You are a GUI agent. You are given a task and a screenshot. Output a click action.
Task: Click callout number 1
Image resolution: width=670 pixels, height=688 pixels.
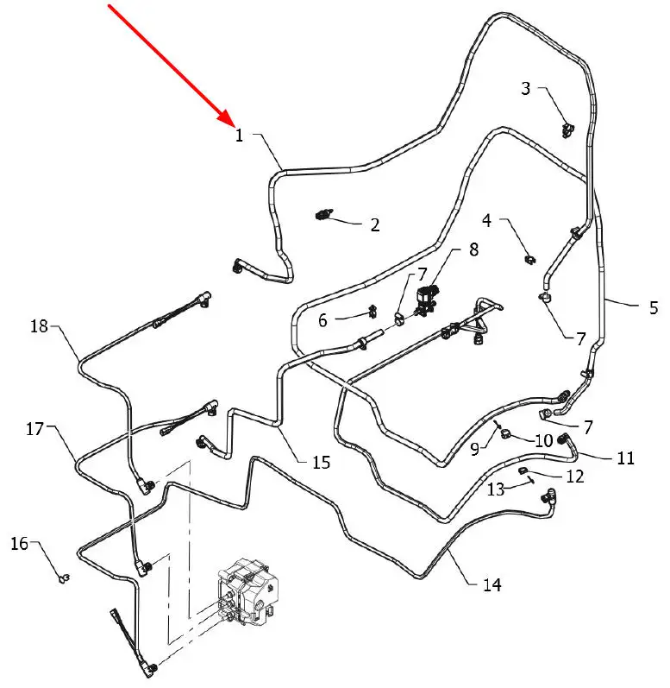[x=239, y=136]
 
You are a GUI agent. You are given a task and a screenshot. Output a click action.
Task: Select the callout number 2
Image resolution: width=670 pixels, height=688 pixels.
[x=374, y=225]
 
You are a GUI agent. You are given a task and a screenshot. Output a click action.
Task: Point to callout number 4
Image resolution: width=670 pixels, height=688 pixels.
[x=487, y=221]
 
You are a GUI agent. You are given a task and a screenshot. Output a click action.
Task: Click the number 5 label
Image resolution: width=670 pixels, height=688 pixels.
[x=653, y=306]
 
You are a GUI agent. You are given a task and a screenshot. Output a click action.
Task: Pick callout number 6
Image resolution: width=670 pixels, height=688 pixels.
[x=323, y=320]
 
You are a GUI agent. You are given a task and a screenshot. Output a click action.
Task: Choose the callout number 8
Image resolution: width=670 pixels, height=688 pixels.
[x=473, y=250]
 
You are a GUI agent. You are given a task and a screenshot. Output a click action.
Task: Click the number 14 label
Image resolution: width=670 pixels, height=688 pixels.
[x=492, y=584]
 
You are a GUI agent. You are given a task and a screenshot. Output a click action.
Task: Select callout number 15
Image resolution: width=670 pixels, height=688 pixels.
[x=321, y=463]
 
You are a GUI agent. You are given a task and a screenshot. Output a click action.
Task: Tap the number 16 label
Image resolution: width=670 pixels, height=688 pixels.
[x=19, y=543]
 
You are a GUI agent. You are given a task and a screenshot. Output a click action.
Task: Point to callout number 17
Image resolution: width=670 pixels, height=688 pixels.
[x=34, y=428]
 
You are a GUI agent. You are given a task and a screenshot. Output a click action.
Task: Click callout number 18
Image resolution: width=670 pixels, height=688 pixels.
[x=39, y=326]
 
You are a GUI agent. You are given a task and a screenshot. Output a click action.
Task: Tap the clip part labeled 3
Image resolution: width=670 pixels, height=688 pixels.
[x=567, y=129]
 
